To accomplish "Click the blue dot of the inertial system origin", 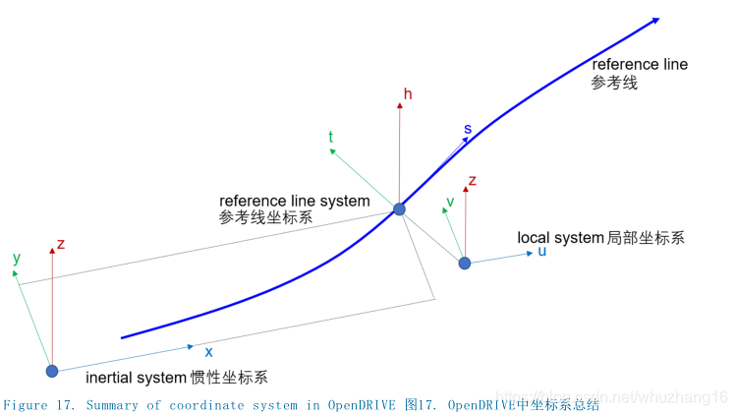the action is click(x=52, y=371).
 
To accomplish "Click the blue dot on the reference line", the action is click(x=399, y=209).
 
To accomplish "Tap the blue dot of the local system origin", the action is click(x=465, y=263).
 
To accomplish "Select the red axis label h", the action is click(x=408, y=94).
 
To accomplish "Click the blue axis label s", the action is click(x=468, y=130).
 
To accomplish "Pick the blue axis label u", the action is click(x=541, y=252).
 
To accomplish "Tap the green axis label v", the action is click(x=450, y=203).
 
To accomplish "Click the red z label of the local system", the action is click(x=473, y=181).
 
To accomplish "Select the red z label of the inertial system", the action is click(x=61, y=244).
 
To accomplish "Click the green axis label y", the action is click(x=16, y=258).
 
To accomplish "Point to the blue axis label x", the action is click(x=208, y=350).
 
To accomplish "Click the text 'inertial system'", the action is click(x=136, y=378).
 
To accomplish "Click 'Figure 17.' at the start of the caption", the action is click(x=40, y=405).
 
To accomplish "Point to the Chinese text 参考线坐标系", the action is click(x=266, y=218).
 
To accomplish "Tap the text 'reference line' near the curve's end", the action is click(x=640, y=64).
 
